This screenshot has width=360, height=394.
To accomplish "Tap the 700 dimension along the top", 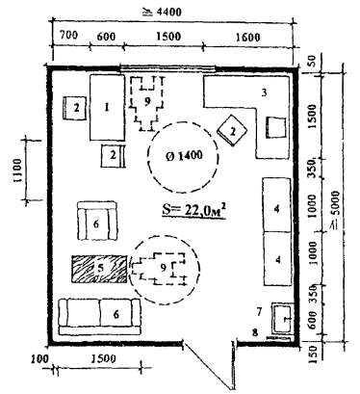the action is coord(68,35).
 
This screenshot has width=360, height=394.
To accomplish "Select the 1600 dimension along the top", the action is coord(247,38).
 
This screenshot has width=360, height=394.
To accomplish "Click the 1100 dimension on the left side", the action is coord(17,171).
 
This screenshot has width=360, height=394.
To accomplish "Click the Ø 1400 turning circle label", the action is coord(185,156).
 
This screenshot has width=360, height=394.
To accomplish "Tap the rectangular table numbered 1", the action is coord(107,108).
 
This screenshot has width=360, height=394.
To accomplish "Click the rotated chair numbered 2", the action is coord(233,130).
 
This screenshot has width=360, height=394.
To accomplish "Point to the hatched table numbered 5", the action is coord(99,269).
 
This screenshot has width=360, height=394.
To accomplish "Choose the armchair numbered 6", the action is coord(97,222).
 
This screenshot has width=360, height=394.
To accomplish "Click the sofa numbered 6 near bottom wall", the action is coord(99,317).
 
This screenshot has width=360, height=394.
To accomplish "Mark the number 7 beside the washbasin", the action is coord(259,311).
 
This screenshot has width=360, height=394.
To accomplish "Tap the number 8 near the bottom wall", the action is coord(255,332).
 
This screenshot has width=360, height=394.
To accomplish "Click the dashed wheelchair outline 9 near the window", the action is coord(147,103).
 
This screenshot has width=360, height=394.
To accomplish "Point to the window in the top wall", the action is coord(167,67).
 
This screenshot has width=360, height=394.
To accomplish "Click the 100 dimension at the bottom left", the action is coord(40,358).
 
